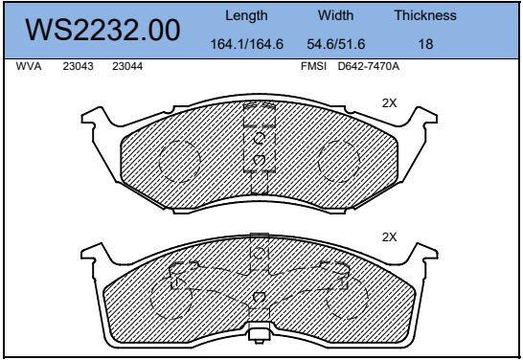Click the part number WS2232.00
tap(102, 30)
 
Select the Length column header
tap(246, 15)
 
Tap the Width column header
tap(335, 15)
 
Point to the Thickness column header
tap(425, 15)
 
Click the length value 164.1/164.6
tap(247, 44)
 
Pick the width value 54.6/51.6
tap(336, 44)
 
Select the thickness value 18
tap(425, 44)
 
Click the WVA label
tap(29, 66)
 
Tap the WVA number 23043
tap(78, 66)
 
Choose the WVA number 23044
tap(127, 66)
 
